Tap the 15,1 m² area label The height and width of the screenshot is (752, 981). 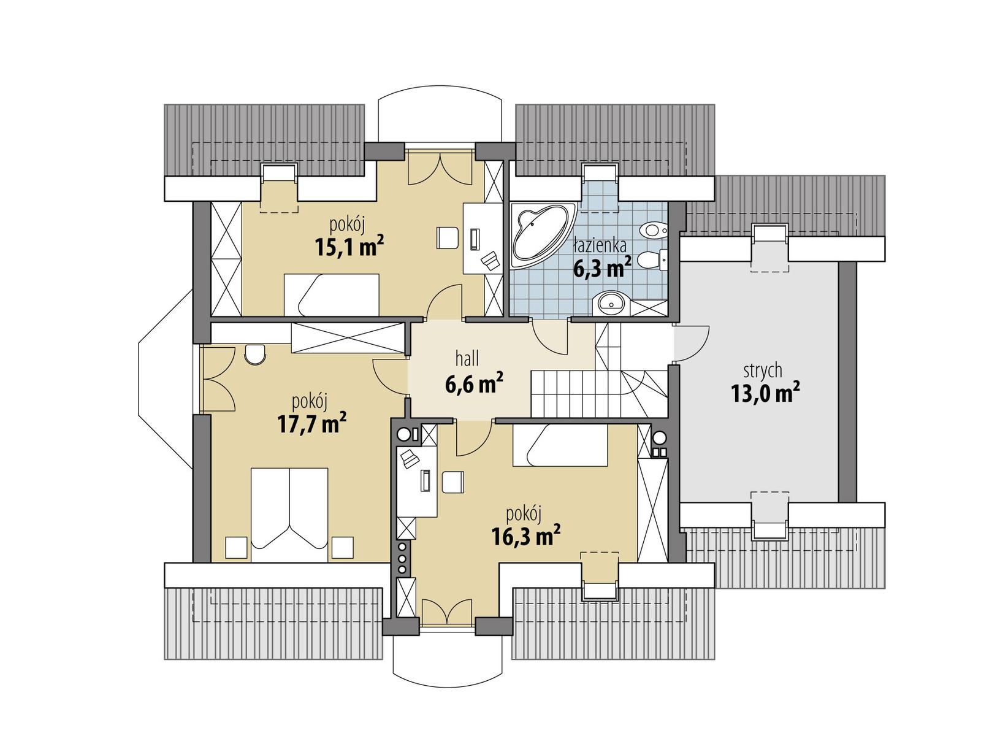click(349, 247)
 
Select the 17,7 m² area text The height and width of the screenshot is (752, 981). click(311, 423)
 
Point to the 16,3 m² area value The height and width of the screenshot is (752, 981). click(525, 536)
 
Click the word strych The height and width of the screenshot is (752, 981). click(762, 371)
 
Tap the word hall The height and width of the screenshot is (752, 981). click(467, 358)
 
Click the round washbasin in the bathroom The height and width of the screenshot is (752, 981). click(610, 302)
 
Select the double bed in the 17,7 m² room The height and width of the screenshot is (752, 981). click(289, 515)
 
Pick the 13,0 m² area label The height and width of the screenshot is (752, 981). click(765, 393)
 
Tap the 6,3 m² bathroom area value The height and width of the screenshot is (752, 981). click(601, 269)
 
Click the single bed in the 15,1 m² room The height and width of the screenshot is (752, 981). click(331, 294)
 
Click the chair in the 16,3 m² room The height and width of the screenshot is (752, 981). click(453, 482)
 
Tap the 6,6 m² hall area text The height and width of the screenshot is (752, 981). click(474, 384)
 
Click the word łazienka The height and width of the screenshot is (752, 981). click(600, 246)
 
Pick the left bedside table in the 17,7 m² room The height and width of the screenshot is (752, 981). click(236, 547)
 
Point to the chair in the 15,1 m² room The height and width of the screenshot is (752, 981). click(448, 237)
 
